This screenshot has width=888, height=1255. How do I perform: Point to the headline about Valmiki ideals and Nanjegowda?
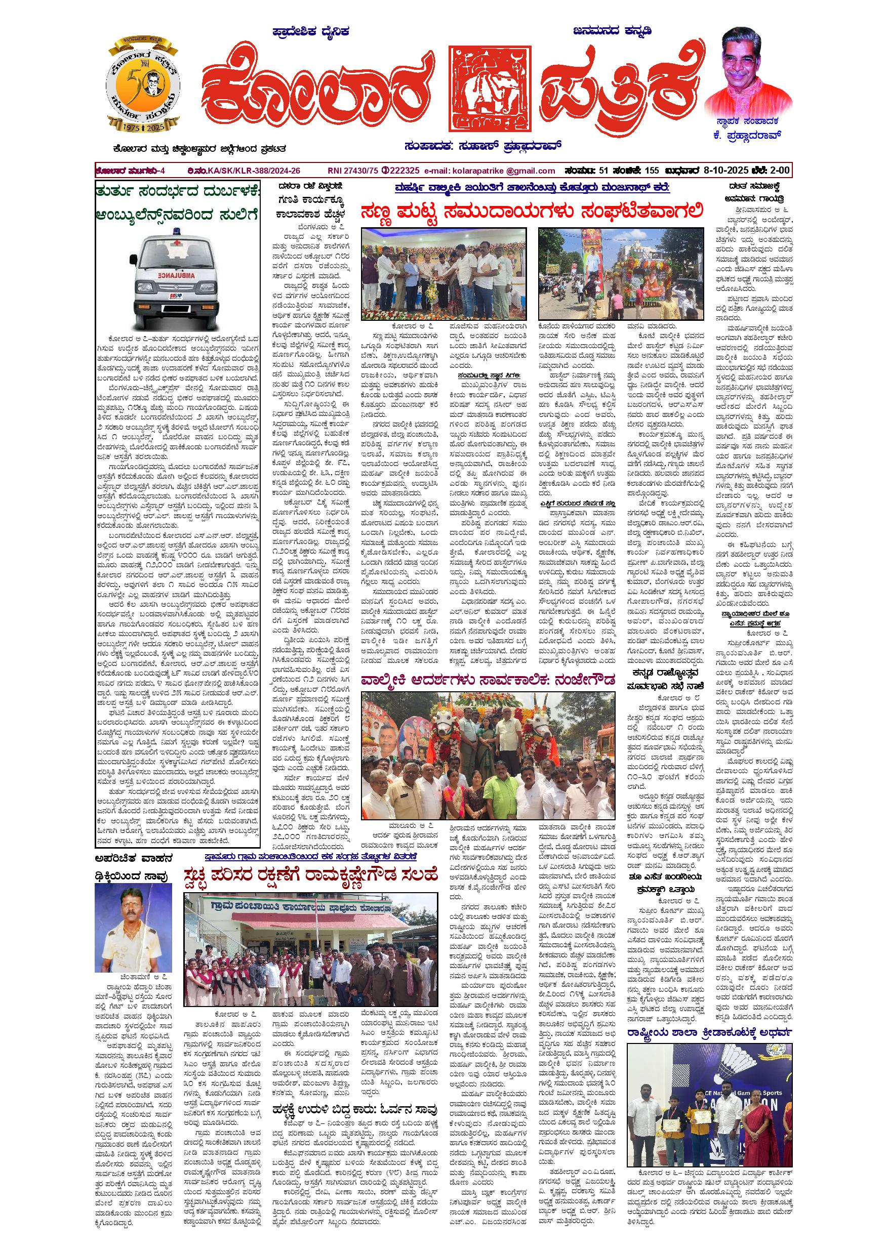[x=488, y=680]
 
